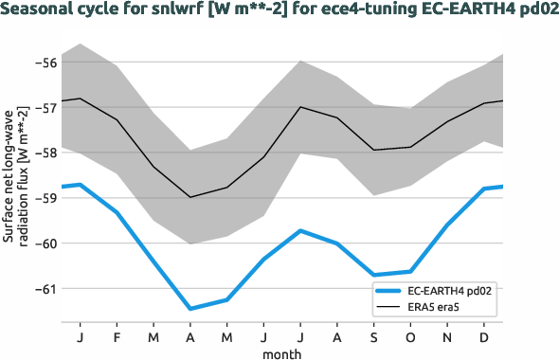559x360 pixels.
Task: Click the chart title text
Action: (279, 12)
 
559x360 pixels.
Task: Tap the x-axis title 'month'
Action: (283, 351)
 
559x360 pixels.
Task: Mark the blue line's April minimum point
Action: (190, 308)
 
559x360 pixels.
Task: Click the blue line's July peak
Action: (300, 230)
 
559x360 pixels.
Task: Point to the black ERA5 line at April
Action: (190, 197)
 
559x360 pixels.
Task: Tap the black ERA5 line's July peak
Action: (300, 107)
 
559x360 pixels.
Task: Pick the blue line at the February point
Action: (117, 212)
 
